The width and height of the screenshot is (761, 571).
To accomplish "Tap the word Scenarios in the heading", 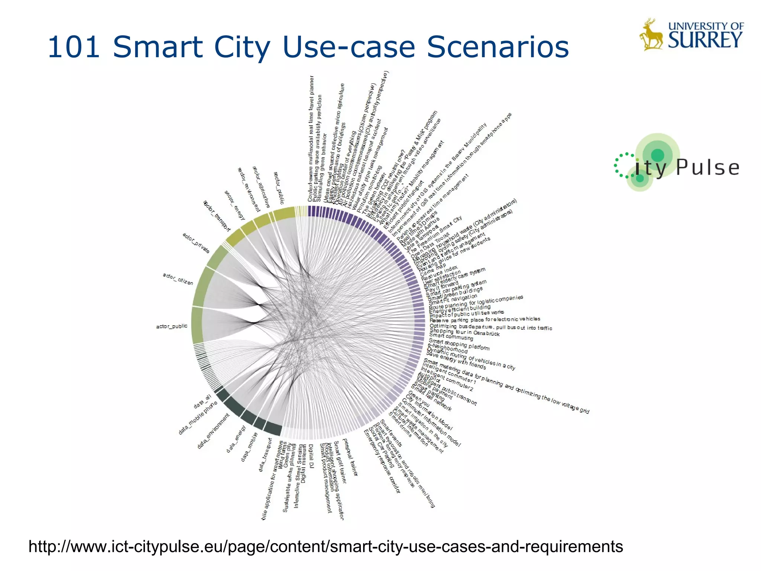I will (498, 47).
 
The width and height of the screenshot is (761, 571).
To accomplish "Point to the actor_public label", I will (171, 326).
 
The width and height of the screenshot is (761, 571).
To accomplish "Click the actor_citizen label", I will (178, 279).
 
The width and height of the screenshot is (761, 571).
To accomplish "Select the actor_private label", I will (196, 243).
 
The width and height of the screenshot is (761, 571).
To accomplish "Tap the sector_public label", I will (279, 188).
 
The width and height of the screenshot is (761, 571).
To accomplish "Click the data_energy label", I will (236, 439).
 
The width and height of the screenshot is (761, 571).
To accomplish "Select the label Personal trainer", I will (350, 457).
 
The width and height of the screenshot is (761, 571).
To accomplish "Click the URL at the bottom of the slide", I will (326, 546).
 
